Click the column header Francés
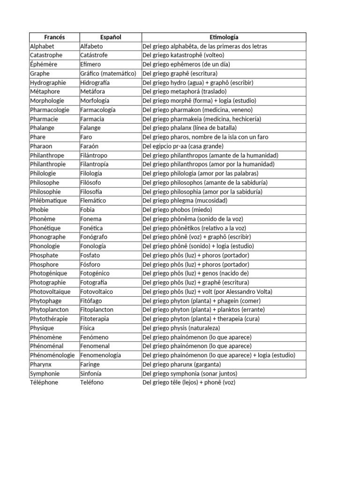coord(54,37)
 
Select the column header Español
coord(111,37)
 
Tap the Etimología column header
coord(224,37)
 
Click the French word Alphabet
coord(42,46)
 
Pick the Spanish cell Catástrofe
coord(94,55)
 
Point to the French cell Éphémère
coord(43,64)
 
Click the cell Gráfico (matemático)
coord(108,74)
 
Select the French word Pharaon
coord(41,146)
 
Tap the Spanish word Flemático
coord(93,201)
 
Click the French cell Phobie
coord(39,210)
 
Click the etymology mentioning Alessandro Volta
coord(207,292)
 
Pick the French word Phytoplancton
coord(49,310)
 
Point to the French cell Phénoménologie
coord(52,355)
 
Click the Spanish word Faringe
coord(91,364)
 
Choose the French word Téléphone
coord(44,382)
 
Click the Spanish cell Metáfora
coord(92,91)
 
